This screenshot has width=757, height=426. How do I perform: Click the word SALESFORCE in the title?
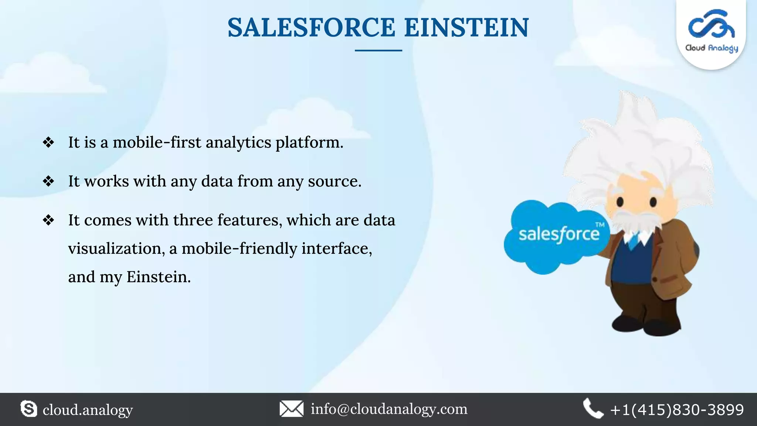point(311,28)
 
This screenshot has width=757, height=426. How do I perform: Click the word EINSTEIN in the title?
point(466,28)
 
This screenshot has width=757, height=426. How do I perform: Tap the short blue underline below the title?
point(378,50)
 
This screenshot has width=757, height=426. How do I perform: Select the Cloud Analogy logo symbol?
point(711,24)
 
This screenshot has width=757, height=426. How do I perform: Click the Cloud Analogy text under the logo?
point(711,48)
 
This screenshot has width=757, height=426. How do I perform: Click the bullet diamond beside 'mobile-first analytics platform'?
point(48,142)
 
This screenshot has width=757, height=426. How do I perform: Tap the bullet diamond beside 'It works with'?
point(48,181)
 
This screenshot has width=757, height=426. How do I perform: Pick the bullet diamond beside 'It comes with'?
point(48,220)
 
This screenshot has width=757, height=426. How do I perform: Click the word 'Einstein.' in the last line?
point(159,277)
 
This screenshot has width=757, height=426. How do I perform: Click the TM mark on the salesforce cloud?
point(600,225)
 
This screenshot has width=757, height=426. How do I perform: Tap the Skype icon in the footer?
point(29,409)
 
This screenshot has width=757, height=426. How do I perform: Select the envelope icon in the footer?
point(291,409)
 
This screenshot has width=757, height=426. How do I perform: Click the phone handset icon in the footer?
point(593,408)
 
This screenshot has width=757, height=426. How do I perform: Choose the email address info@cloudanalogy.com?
point(389,409)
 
